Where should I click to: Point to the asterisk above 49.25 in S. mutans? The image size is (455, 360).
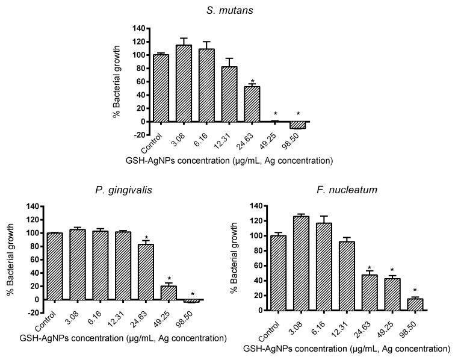click(x=276, y=114)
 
